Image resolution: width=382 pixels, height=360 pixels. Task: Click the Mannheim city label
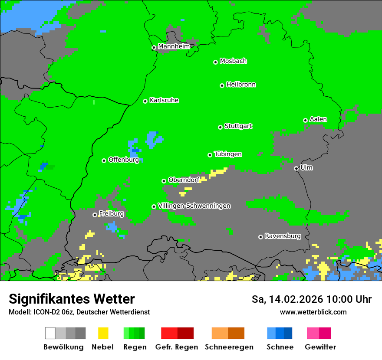[x=174, y=46]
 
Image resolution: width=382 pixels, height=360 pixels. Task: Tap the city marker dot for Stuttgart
[x=220, y=127]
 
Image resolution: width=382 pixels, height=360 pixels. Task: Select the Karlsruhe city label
[x=164, y=100]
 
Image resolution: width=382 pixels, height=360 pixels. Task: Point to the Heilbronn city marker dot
[x=222, y=85]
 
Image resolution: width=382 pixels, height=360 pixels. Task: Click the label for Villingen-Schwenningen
[x=194, y=206]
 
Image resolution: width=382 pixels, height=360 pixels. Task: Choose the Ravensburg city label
[x=283, y=236]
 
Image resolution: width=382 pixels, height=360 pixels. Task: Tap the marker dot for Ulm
[x=296, y=168]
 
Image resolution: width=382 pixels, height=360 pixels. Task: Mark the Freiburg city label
[x=111, y=214]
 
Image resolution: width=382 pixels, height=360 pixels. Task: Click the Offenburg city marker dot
[x=104, y=160]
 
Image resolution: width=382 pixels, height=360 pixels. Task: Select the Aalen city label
[x=318, y=119]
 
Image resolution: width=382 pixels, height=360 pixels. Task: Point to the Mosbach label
[x=233, y=61]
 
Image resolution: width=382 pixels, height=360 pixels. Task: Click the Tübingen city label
[x=228, y=154]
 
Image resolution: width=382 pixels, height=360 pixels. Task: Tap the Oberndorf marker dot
[x=164, y=181]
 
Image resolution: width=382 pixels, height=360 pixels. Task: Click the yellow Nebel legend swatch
[x=103, y=333]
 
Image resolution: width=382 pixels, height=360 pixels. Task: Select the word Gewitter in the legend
[x=320, y=347]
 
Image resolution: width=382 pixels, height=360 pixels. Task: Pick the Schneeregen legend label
[x=229, y=347]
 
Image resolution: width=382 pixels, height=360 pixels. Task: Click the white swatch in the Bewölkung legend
[x=50, y=333]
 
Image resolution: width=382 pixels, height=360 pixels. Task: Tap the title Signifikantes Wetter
[x=72, y=299]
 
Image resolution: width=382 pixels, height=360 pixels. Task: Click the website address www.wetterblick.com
[x=313, y=312]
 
